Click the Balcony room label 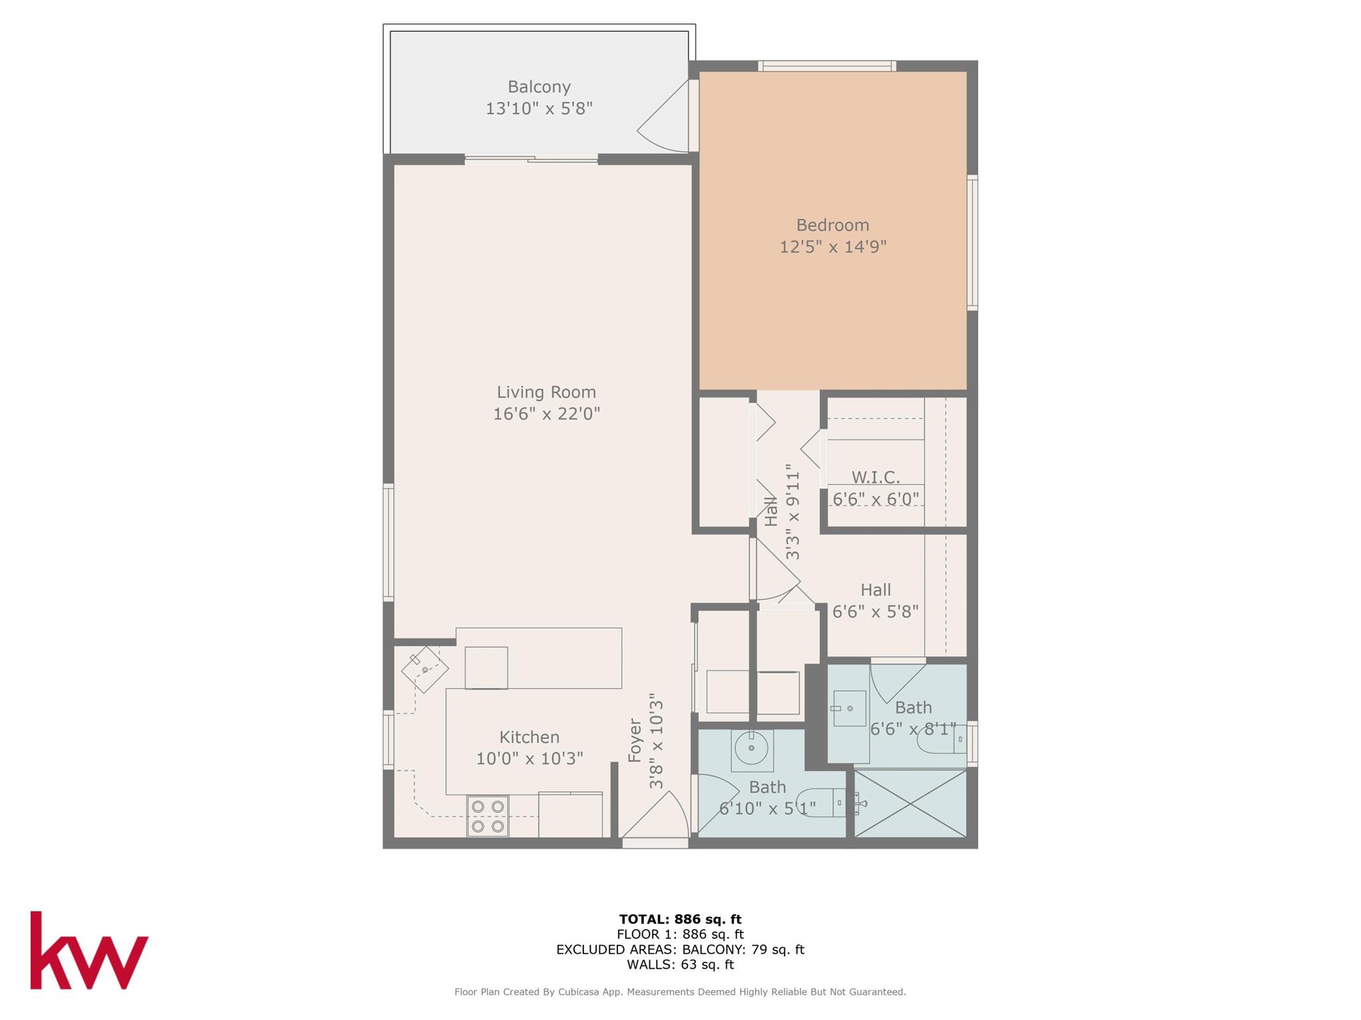coord(539,87)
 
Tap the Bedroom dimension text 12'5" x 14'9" coord(833,247)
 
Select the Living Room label coord(546,392)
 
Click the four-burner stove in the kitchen coord(487,816)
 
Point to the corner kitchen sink coord(425,669)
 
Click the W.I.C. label coord(875,477)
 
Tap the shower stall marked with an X coord(910,804)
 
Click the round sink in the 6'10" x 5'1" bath coord(752,749)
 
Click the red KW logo coord(89,950)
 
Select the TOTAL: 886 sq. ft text coord(680,919)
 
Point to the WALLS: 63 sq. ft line coord(680,965)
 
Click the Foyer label coord(635,740)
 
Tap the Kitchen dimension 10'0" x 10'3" coord(530,758)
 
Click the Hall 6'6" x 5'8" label coord(875,590)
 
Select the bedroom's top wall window coord(827,66)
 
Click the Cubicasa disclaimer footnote coord(680,992)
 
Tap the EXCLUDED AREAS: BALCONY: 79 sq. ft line coord(680,950)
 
